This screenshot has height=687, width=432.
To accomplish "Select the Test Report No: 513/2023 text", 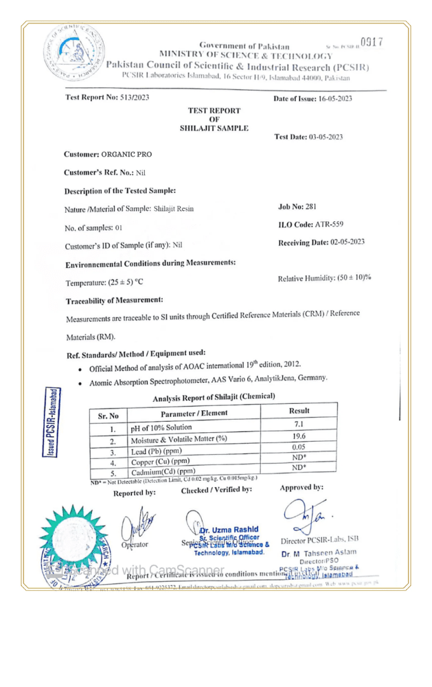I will [106, 98].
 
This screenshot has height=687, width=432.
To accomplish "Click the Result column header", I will [299, 410].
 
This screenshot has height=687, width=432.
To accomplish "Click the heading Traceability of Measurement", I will [113, 301].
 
